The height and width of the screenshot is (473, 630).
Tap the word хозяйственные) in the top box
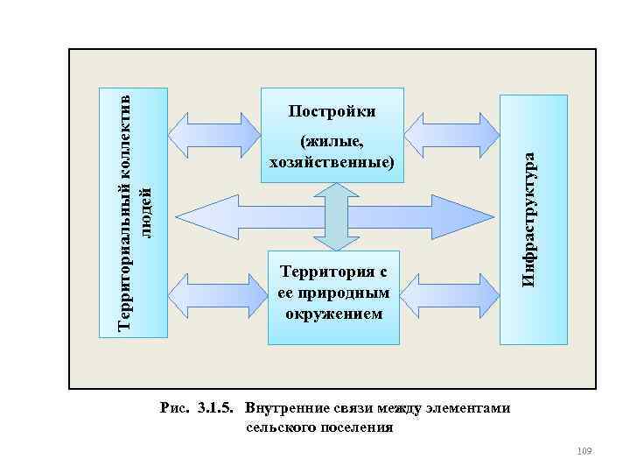332,162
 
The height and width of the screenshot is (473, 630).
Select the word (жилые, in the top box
331,142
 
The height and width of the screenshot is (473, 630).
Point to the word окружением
334,313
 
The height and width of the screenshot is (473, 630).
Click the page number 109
585,450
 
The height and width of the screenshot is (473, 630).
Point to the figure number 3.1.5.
219,408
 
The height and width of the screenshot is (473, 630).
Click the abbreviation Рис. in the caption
178,408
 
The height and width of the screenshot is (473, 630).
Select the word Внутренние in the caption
282,408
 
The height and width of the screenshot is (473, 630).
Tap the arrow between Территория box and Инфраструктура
451,298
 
